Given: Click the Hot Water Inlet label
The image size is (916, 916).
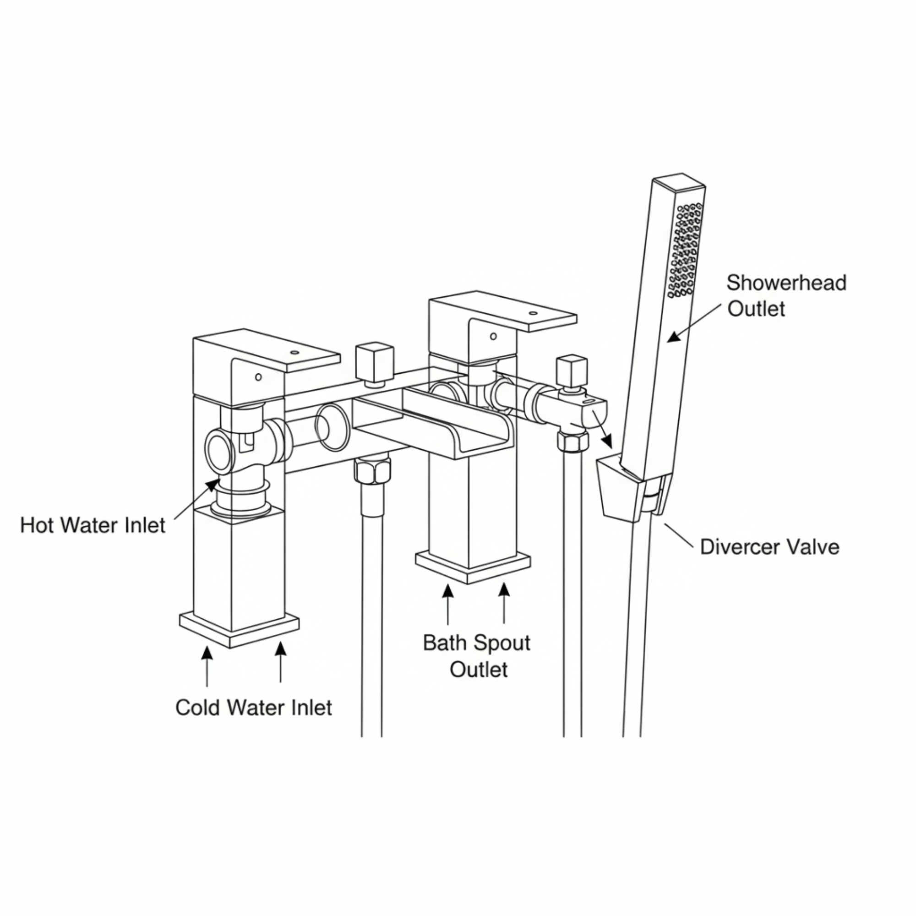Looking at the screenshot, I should [93, 525].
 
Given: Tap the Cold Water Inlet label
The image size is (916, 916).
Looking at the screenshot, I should [253, 708].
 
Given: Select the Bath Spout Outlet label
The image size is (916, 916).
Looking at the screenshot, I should [477, 656].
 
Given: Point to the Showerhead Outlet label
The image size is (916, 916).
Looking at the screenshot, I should [786, 295].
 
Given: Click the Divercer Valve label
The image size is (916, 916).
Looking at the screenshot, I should [769, 547].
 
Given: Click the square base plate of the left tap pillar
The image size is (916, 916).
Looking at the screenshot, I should [239, 629].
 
